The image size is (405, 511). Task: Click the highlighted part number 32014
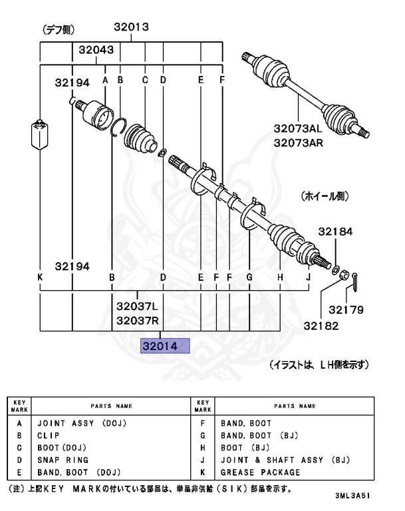pos(164,346)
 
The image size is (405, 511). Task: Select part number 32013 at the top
pos(130,28)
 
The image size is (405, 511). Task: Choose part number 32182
pos(322,325)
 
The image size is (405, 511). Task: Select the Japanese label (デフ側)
pos(59,29)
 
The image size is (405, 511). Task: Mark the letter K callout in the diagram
pos(41,276)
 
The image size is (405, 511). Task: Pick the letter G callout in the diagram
pos(249,276)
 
